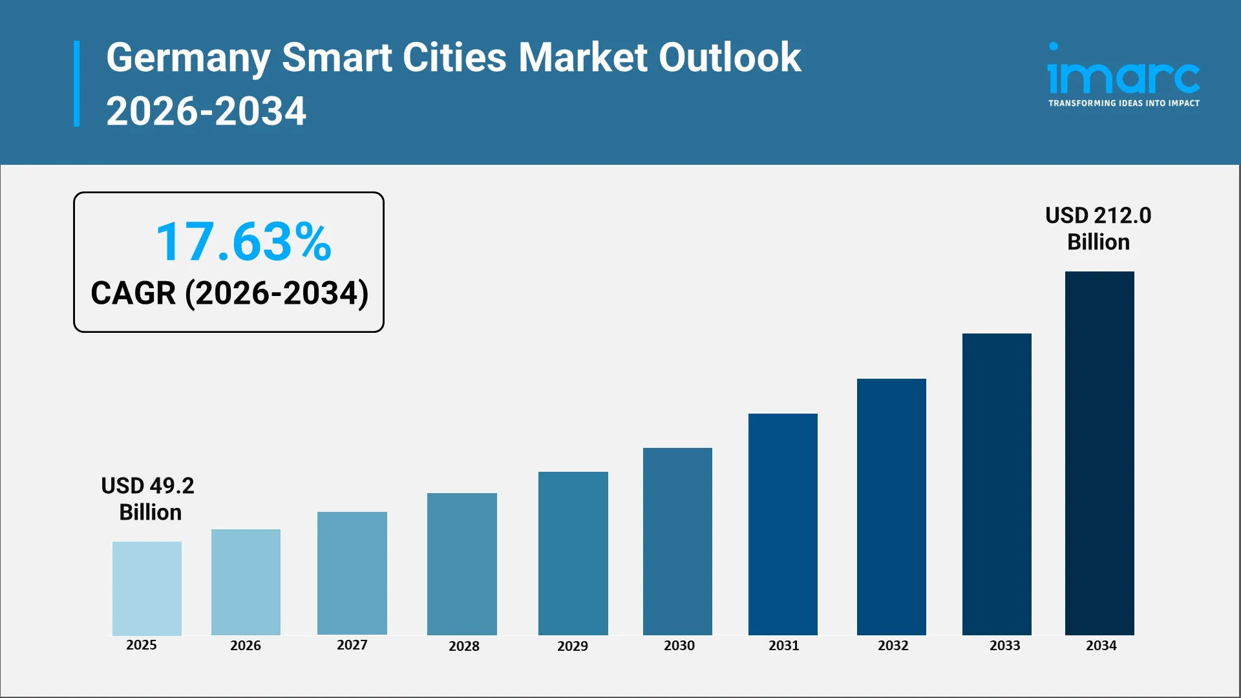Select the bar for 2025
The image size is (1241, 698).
tap(147, 588)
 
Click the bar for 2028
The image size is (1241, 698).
tap(461, 564)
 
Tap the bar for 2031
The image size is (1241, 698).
tap(783, 524)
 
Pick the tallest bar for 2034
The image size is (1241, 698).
tap(1099, 453)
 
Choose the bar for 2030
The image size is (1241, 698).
tap(677, 542)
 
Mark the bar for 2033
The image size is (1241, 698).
tap(997, 484)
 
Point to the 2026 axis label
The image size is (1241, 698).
tap(246, 646)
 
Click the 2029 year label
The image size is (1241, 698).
tap(573, 646)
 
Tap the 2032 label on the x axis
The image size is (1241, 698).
tap(893, 646)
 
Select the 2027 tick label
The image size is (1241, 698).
tap(352, 645)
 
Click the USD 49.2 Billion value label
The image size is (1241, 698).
tap(148, 499)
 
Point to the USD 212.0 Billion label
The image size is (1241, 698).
tap(1098, 229)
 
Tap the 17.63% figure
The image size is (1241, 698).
tap(244, 242)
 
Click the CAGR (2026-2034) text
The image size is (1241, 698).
tap(229, 293)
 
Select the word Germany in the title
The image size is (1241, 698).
tap(188, 58)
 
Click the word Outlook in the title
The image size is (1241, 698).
tap(730, 58)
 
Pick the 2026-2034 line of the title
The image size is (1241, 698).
tap(206, 111)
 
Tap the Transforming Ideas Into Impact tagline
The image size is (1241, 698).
tap(1123, 103)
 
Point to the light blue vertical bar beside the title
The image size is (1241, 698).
tap(77, 84)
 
